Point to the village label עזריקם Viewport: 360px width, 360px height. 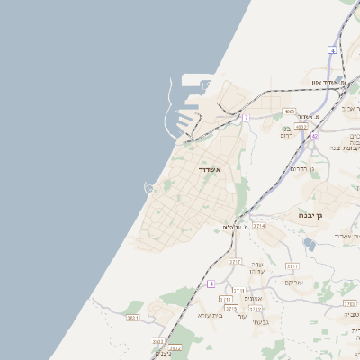[294, 283]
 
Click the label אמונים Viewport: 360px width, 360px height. [253, 299]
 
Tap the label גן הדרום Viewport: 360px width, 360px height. [302, 168]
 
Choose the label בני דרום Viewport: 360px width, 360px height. [285, 129]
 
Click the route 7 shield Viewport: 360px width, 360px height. [246, 117]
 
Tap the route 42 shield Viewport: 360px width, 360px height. [315, 136]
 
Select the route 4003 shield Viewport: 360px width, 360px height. [289, 112]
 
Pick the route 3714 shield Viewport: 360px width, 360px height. [259, 227]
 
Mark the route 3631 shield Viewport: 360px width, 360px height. [133, 317]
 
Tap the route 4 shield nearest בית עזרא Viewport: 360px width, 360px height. [211, 283]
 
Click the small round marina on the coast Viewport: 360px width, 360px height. [148, 188]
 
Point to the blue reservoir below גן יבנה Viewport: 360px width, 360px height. [310, 244]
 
